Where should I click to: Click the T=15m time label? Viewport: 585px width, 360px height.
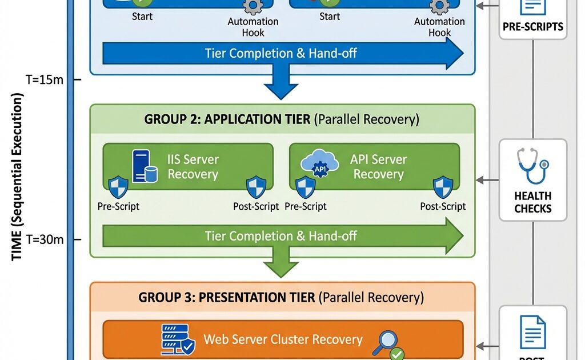(x=45, y=79)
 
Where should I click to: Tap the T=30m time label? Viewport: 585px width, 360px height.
(x=45, y=239)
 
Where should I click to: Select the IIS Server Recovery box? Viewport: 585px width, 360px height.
(x=188, y=166)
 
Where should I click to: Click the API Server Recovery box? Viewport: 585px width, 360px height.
(x=374, y=166)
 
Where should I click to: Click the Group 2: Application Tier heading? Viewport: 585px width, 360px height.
(x=282, y=119)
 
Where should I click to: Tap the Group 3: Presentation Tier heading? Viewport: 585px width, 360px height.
(x=281, y=298)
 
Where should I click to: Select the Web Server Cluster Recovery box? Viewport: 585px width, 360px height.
(x=283, y=339)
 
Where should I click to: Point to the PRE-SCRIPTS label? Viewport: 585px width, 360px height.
(x=532, y=26)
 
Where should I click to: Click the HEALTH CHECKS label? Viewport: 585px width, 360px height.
(x=532, y=202)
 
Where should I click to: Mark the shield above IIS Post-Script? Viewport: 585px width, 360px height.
(x=256, y=187)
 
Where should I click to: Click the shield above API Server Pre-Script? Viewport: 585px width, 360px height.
(x=306, y=187)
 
